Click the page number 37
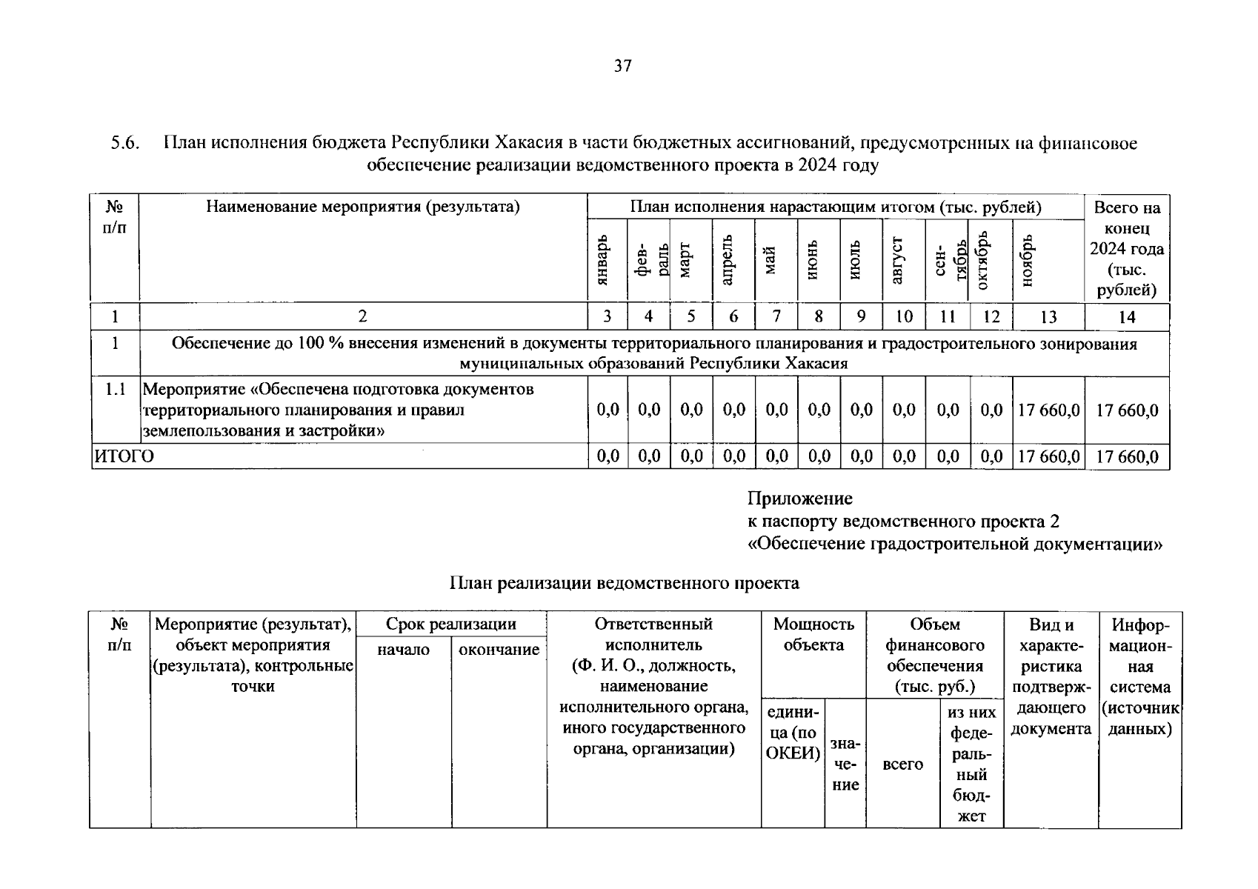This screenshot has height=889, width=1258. point(622,67)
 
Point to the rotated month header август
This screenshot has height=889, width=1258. point(898,260)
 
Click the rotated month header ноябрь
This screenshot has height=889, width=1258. point(1027,260)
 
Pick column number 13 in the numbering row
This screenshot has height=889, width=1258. point(1048,317)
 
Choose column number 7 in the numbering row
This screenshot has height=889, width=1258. point(776,317)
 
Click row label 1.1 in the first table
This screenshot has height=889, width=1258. point(115,389)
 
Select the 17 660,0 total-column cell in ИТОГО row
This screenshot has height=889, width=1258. point(1127,457)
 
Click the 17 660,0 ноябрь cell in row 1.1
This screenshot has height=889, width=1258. point(1048,410)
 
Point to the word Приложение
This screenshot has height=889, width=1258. point(799,499)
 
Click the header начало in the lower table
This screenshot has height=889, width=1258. point(403,650)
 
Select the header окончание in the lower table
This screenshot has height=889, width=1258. point(499,650)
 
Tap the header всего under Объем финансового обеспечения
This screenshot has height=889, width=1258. point(902,764)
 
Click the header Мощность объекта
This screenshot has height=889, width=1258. point(813,634)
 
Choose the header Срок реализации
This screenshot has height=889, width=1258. point(450,624)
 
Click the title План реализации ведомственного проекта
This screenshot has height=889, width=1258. point(624,583)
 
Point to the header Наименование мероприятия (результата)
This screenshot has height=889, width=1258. point(363,207)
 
